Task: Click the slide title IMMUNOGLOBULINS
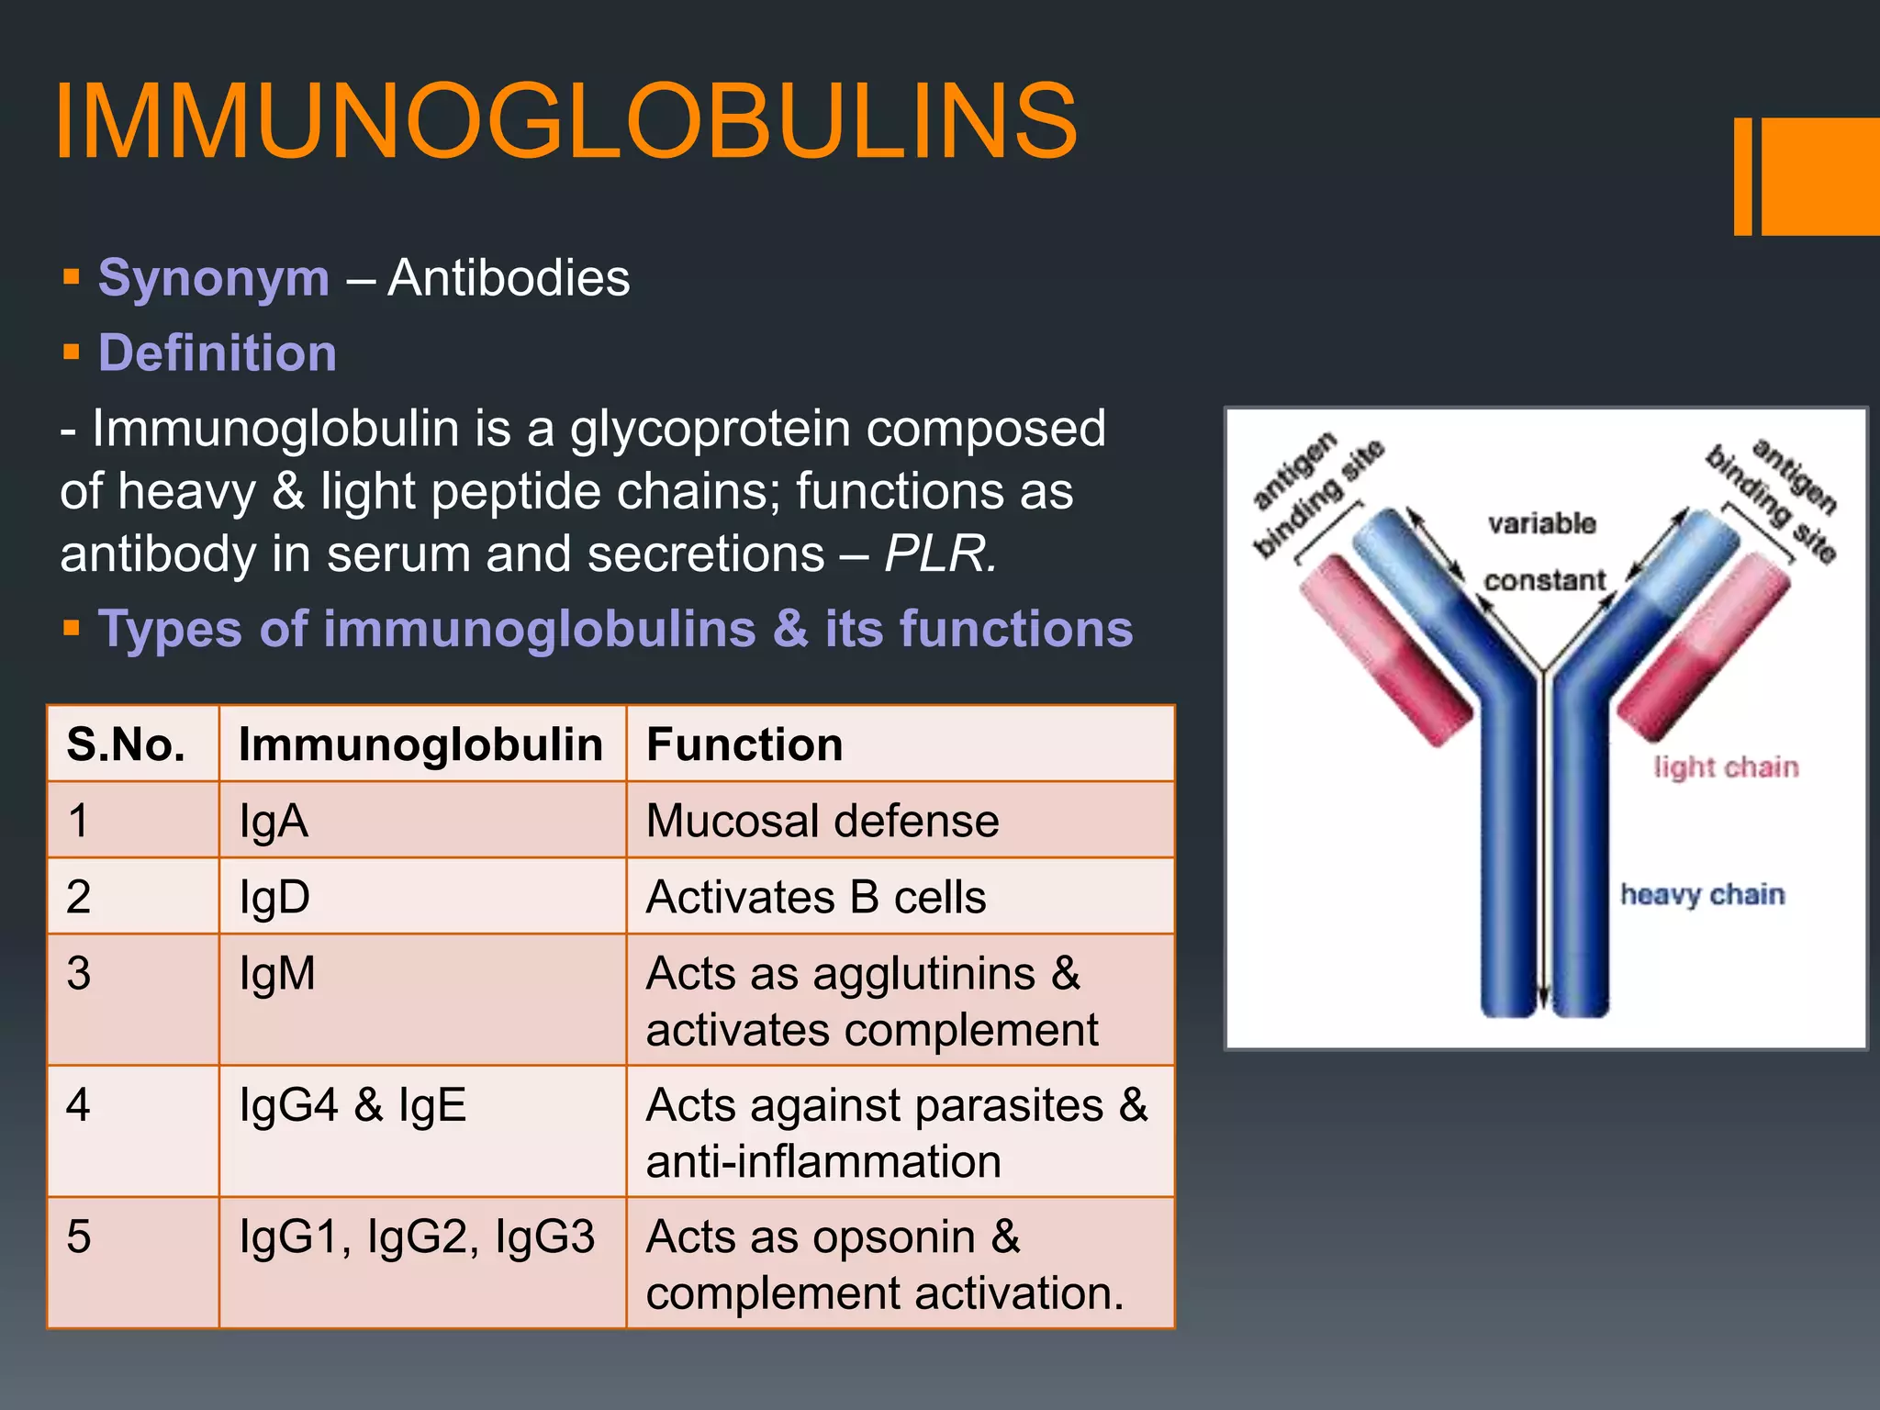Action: click(565, 121)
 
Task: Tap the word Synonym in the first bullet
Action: click(214, 277)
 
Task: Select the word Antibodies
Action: click(509, 277)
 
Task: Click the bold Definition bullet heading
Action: click(218, 352)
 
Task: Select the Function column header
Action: click(744, 744)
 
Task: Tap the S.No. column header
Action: click(126, 744)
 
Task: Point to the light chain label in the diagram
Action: click(1726, 767)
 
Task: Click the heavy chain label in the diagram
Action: click(1702, 894)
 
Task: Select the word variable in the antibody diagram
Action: click(1541, 524)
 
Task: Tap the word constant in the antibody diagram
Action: click(1545, 581)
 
